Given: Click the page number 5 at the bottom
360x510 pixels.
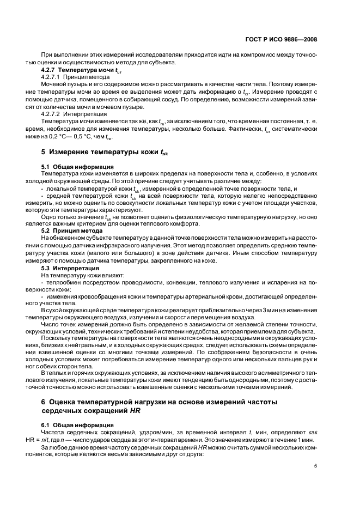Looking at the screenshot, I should (315, 465).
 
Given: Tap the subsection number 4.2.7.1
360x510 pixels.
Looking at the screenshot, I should (52, 78).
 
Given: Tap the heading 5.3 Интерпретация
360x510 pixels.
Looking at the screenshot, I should (70, 268).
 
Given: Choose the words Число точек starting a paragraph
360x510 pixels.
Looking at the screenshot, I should (58, 325).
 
